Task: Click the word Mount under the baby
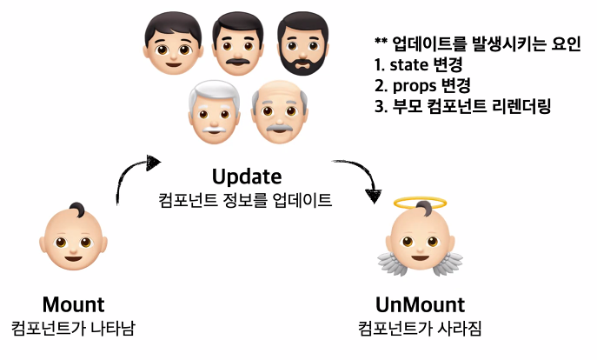pyautogui.click(x=73, y=305)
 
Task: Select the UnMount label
pyautogui.click(x=420, y=305)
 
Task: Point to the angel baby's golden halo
pyautogui.click(x=420, y=203)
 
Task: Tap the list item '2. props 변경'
pyautogui.click(x=422, y=86)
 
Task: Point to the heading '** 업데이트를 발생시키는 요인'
pyautogui.click(x=476, y=44)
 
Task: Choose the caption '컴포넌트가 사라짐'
pyautogui.click(x=420, y=329)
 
